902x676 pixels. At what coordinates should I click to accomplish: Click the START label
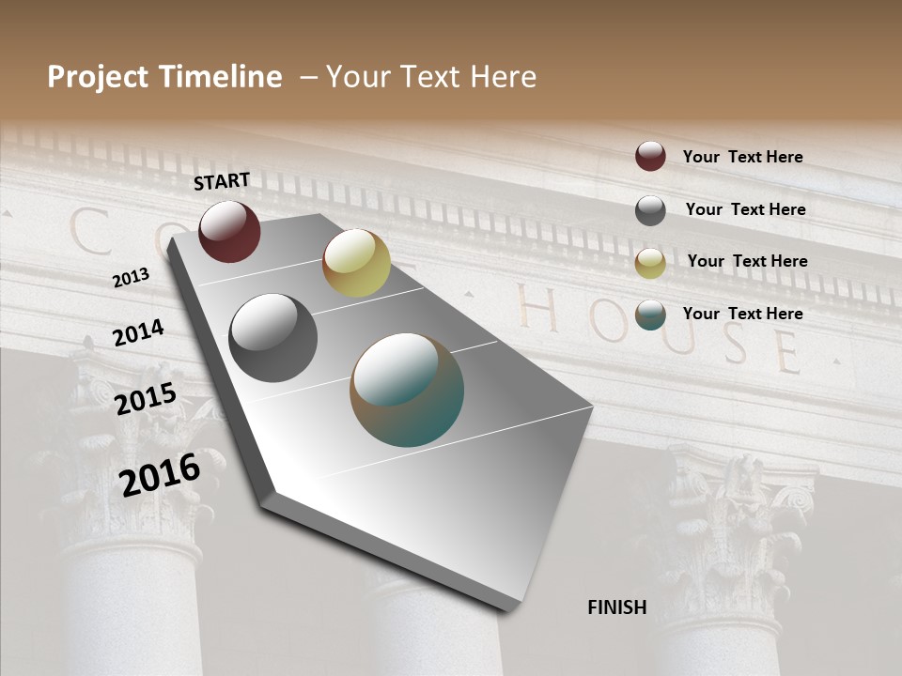[222, 181]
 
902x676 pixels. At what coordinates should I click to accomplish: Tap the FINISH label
[617, 607]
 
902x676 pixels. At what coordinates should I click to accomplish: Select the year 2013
[132, 278]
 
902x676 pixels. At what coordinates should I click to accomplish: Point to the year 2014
[138, 333]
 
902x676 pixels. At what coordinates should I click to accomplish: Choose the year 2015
[146, 400]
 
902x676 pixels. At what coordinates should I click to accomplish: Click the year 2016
[160, 473]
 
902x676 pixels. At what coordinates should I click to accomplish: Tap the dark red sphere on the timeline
[229, 231]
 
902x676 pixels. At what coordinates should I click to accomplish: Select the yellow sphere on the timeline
[356, 263]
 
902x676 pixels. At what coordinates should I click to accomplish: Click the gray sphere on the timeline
[272, 338]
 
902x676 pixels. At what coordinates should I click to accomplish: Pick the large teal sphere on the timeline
[407, 390]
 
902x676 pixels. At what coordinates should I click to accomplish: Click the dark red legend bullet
[650, 156]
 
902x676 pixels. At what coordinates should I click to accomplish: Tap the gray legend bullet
[650, 210]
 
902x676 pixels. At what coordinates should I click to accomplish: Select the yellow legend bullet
[650, 263]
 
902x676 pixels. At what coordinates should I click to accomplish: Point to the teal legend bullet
[650, 315]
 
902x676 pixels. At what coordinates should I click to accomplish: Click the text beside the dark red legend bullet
[742, 157]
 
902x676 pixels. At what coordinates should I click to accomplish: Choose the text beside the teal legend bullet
[742, 314]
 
